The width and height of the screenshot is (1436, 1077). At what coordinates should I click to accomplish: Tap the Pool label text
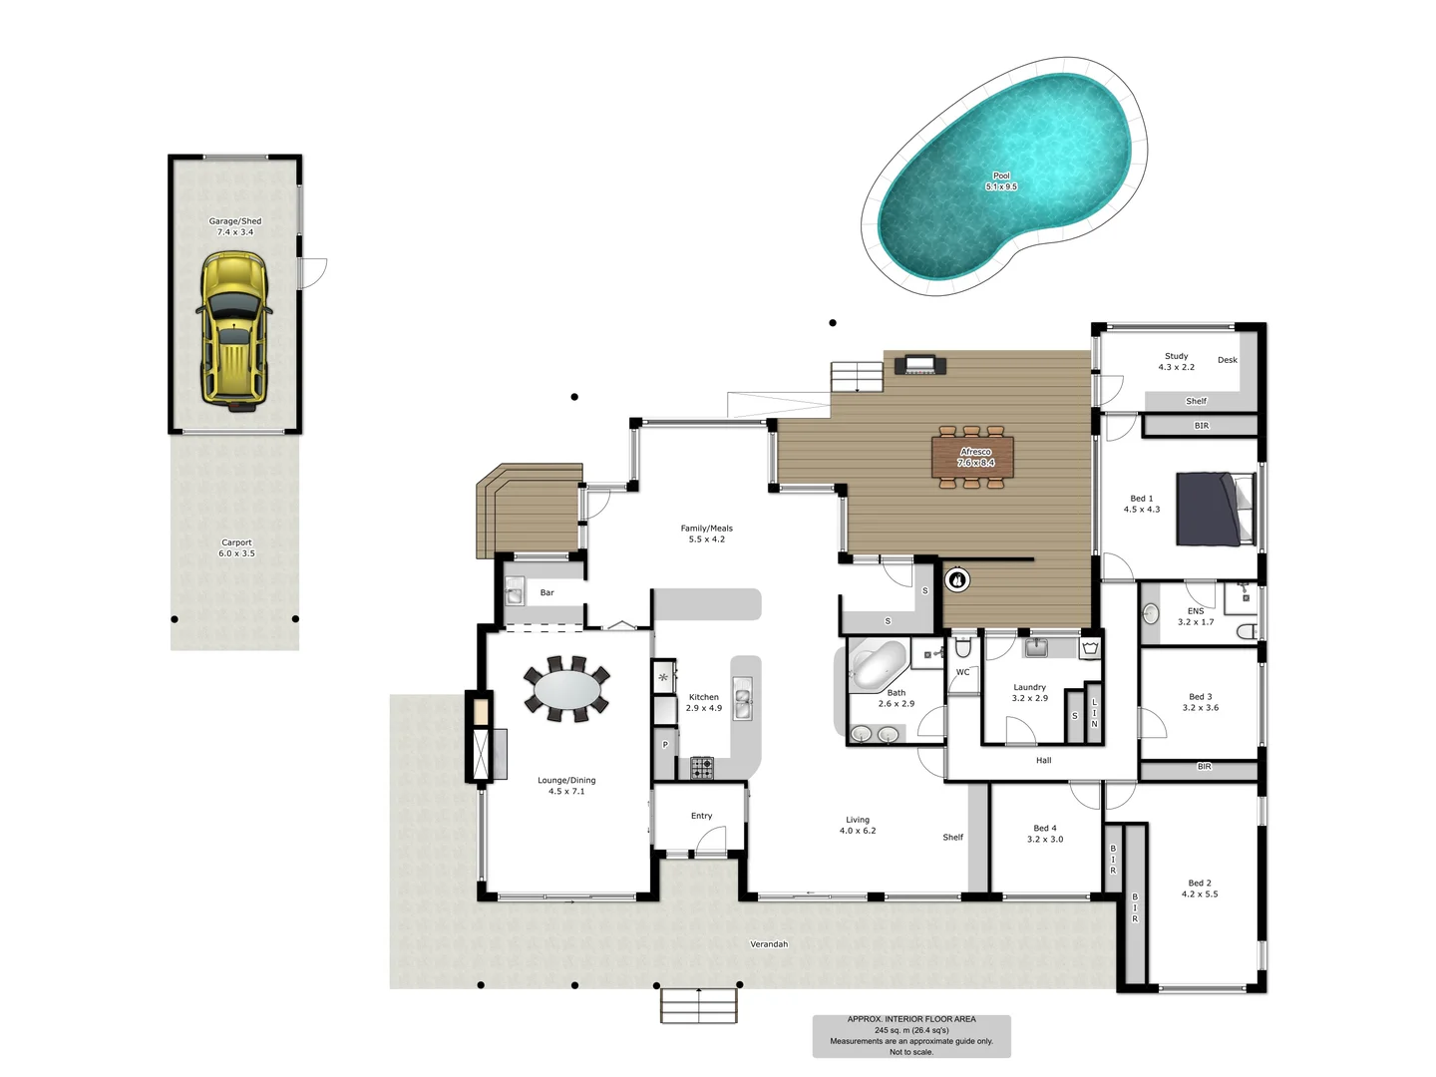point(1001,180)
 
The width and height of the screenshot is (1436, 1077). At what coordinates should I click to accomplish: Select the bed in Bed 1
point(1214,509)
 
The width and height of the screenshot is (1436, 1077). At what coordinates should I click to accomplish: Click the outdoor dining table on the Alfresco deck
point(972,457)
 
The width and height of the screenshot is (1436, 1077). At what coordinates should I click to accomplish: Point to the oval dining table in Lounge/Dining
point(566,689)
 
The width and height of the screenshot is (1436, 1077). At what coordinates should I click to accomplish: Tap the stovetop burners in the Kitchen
point(702,768)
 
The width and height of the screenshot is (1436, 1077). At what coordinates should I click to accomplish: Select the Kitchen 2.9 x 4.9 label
point(703,703)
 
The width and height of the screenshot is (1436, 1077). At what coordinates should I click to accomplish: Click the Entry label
point(701,816)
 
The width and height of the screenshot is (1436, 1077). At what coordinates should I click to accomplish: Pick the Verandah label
point(769,943)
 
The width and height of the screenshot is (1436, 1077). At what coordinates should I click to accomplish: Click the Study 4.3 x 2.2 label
point(1176,361)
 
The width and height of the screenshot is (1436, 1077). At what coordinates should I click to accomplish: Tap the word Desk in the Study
point(1227,360)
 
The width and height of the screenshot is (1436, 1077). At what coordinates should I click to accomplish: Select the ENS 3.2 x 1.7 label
point(1195,616)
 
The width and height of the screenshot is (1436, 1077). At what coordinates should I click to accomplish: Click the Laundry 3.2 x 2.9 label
point(1029,692)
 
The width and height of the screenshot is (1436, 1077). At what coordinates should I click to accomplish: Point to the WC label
point(962,672)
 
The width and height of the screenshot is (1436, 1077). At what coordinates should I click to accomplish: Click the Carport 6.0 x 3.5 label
point(236,547)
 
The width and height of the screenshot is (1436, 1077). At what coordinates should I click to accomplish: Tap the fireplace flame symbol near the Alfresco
point(956,578)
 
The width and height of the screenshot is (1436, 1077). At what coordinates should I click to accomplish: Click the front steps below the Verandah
point(698,1004)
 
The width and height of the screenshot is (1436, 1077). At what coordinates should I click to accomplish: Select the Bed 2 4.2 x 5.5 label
point(1199,889)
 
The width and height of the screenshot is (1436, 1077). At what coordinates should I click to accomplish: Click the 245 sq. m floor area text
point(910,1030)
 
